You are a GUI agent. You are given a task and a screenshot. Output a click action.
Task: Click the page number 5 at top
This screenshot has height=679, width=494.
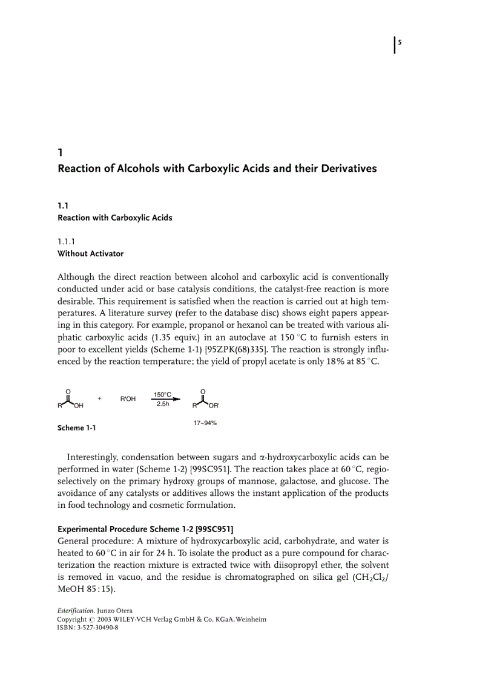click(400, 42)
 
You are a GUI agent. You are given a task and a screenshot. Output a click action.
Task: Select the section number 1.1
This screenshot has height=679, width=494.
click(63, 206)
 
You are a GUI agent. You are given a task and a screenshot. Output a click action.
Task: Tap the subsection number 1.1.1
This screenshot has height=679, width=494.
click(67, 242)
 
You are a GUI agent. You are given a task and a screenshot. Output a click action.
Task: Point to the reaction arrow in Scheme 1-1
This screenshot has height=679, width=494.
click(165, 399)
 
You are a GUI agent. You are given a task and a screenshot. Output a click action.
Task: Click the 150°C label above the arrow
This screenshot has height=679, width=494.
click(162, 394)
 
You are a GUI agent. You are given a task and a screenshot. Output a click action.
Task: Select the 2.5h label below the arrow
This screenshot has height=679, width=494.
click(162, 404)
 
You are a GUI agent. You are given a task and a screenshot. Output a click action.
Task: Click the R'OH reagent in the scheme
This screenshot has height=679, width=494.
click(128, 399)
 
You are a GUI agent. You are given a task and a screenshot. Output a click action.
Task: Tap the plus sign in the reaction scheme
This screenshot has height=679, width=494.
click(99, 398)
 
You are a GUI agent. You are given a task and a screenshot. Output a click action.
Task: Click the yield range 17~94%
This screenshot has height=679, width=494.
click(205, 423)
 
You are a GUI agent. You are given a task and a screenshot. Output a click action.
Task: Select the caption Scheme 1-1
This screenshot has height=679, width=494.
click(76, 428)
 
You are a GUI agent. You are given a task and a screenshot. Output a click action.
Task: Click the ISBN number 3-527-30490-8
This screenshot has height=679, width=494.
click(97, 628)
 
